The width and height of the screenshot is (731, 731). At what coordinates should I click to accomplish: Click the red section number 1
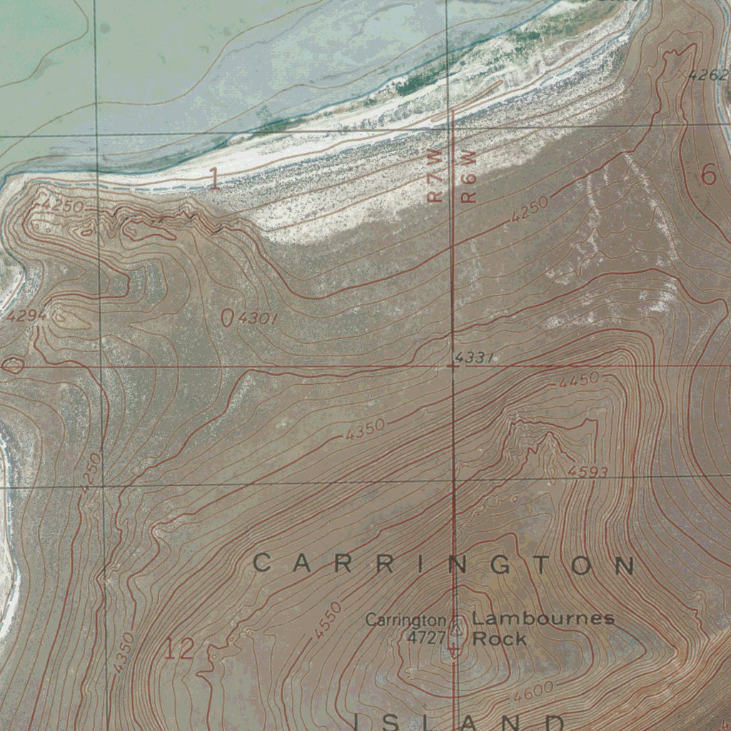[213, 178]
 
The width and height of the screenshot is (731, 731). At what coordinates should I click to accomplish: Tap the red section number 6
[708, 174]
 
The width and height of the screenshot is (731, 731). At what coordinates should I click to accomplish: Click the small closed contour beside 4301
[227, 318]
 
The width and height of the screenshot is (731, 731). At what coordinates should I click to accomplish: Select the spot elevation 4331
[474, 357]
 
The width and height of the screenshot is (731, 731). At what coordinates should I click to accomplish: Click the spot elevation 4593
[588, 472]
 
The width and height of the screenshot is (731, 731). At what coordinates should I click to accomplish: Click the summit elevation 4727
[426, 637]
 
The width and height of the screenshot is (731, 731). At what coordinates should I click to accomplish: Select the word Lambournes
[543, 618]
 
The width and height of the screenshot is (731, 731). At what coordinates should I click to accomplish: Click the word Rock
[499, 639]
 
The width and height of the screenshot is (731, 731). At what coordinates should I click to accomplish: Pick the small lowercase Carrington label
[405, 620]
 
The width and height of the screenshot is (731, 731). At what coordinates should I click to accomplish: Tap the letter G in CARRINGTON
[500, 565]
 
